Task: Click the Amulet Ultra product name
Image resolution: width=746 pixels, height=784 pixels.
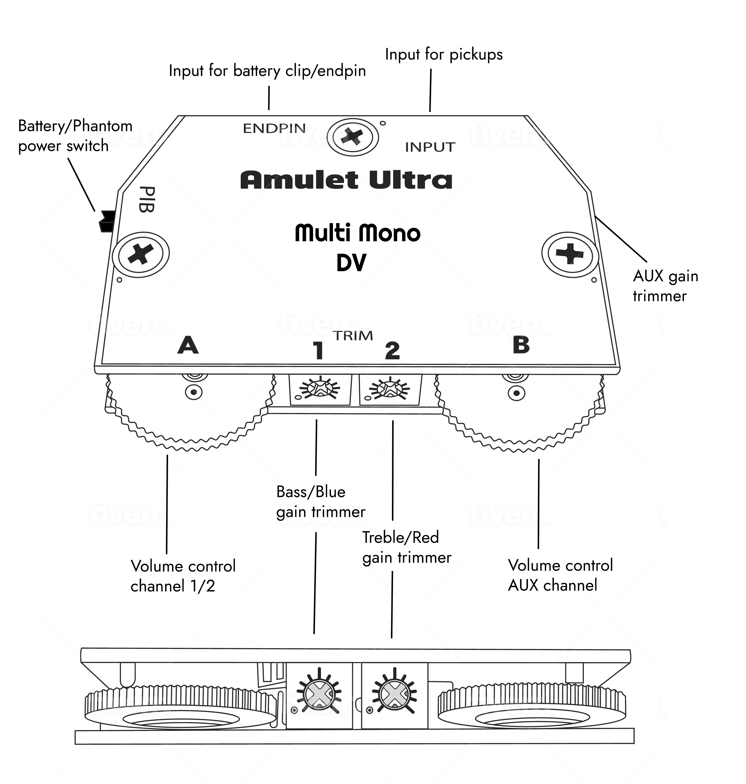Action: click(346, 180)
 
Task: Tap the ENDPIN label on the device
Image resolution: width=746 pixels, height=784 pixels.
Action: click(274, 128)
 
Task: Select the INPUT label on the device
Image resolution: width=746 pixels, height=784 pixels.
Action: click(430, 147)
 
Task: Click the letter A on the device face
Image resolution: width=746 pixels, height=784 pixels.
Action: click(188, 345)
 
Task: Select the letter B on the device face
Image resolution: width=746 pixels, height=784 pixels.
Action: click(521, 345)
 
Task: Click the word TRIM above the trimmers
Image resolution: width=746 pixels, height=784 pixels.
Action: click(353, 336)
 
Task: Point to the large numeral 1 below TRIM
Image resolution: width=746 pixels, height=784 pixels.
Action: click(318, 351)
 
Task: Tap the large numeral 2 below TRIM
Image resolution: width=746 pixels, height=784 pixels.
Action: click(392, 351)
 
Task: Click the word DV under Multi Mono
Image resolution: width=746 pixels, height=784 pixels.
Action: click(351, 263)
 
